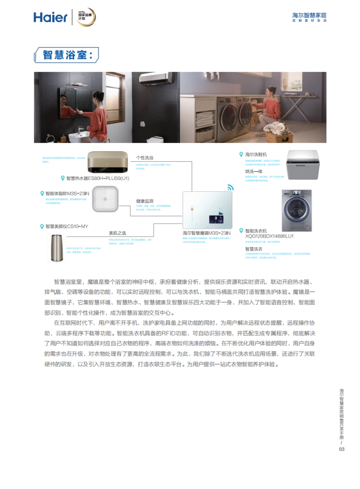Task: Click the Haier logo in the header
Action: (50, 17)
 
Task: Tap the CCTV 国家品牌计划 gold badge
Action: (86, 17)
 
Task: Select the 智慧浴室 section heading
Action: (66, 55)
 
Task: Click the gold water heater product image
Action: (107, 162)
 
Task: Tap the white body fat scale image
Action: (105, 199)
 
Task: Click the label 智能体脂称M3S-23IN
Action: (67, 194)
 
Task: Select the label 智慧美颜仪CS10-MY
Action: (67, 226)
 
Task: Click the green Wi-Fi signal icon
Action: (230, 187)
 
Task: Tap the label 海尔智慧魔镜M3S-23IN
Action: (207, 233)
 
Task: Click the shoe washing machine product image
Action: (303, 165)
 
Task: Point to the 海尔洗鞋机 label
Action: (256, 154)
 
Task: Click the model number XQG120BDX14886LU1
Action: (269, 236)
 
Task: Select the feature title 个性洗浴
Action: (145, 158)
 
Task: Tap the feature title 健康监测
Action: (145, 201)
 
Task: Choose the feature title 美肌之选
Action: (117, 233)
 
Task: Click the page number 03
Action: (342, 449)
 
